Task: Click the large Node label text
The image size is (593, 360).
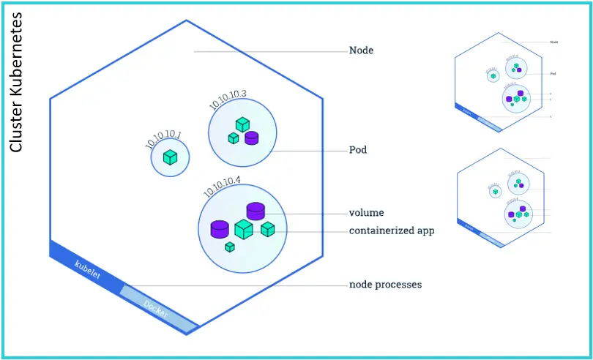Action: point(362,51)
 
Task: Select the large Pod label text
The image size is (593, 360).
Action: point(358,151)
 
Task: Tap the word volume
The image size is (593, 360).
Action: point(367,214)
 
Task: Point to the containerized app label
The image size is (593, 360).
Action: point(392,230)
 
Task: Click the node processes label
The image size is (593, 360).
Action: point(385,284)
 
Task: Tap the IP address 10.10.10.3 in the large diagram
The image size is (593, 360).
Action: point(228,100)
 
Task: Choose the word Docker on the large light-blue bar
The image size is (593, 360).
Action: point(156,309)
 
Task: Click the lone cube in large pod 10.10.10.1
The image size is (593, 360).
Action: point(171,157)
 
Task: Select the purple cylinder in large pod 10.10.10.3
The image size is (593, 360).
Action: point(252,137)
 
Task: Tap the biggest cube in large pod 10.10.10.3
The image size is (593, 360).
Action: point(242,124)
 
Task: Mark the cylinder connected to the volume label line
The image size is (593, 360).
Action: point(255,211)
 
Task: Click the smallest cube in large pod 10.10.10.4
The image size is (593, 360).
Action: point(230,247)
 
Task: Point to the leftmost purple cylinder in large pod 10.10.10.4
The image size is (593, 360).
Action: point(220,229)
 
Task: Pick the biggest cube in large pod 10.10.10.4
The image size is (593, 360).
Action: point(244,229)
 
